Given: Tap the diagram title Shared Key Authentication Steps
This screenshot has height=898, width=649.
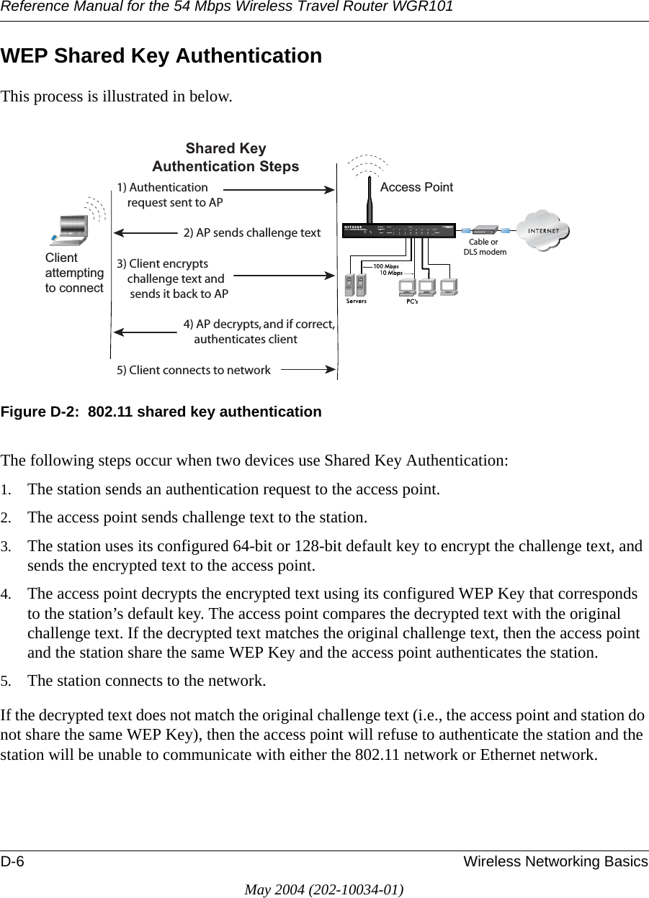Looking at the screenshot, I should [225, 158].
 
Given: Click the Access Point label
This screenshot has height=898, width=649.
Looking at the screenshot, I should [416, 187].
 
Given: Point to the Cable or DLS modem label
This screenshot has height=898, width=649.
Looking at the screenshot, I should [484, 248].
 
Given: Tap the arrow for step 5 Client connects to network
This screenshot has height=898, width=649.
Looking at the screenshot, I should [308, 370].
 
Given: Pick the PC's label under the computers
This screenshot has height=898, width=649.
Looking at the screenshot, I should [413, 301].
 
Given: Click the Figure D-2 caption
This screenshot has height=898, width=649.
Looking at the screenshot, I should [161, 412].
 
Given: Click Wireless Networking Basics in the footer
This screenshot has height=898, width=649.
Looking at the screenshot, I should [555, 862].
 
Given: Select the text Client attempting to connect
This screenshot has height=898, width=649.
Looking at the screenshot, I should [74, 273].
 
